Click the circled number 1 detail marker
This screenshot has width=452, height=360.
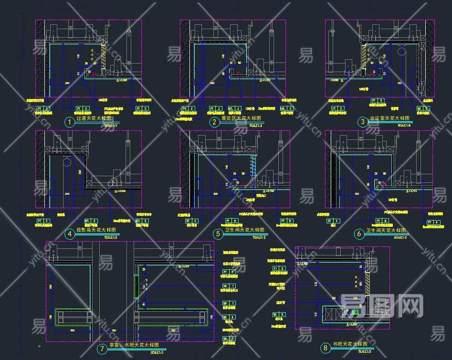coord(70,123)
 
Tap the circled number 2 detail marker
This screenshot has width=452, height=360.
coord(215,123)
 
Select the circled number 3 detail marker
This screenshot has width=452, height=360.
coord(363,122)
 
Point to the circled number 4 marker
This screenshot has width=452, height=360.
coord(70,234)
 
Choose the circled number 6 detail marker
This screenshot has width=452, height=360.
coord(359,234)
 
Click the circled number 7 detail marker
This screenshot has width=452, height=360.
coord(102,349)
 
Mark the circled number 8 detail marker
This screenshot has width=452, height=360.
coord(326,348)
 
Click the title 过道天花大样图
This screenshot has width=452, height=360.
coord(95,117)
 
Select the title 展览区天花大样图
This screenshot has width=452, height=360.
coord(242,117)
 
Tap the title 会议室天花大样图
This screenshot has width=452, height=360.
coord(388,117)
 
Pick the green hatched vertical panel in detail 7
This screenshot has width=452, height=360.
coord(137,286)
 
